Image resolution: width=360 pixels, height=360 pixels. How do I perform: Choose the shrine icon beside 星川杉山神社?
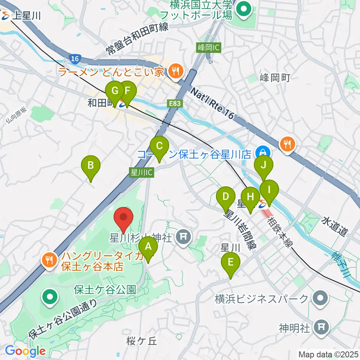[183, 237]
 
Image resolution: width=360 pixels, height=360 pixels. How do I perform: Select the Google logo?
[25, 351]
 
